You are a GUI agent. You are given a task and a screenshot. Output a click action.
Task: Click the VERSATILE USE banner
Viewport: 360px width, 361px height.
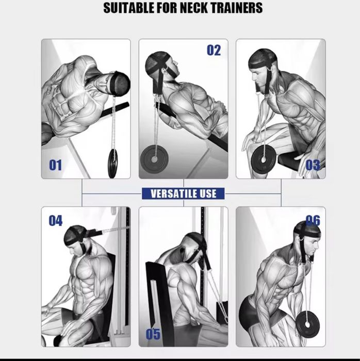pos(183,193)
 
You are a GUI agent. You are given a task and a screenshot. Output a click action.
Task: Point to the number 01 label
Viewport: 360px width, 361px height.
pos(55,165)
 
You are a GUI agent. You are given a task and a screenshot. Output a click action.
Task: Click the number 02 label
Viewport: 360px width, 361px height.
pos(214,50)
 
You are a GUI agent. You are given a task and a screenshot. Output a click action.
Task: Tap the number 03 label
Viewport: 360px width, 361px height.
pos(313,165)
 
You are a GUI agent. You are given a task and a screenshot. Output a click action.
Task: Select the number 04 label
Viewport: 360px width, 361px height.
pos(55,221)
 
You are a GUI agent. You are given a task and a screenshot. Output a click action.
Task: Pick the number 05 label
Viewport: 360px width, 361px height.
pos(153,334)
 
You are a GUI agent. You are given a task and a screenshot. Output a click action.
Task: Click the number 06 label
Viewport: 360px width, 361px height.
pos(313,221)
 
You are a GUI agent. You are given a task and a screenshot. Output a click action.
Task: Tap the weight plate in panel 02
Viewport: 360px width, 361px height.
pos(154,161)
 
